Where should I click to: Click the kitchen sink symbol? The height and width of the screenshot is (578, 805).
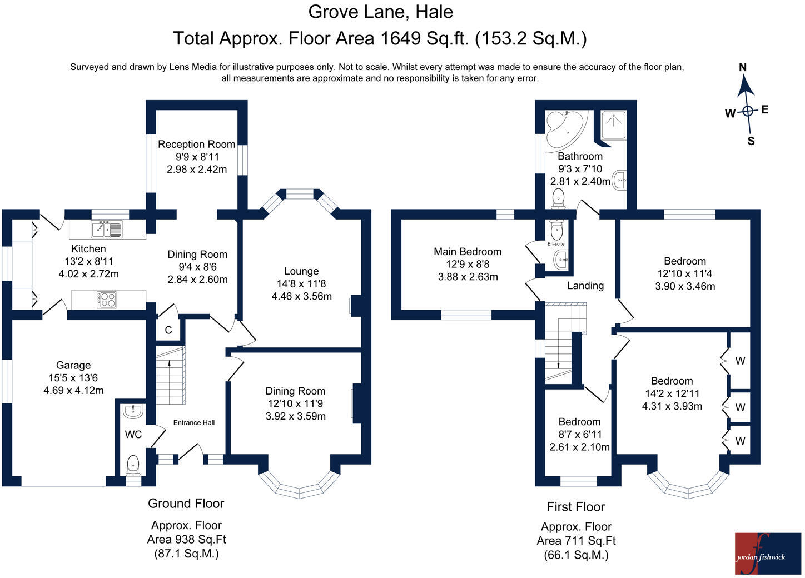[107, 229]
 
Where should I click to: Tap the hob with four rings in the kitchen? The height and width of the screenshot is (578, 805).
[107, 300]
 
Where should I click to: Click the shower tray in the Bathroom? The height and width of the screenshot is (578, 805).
[614, 124]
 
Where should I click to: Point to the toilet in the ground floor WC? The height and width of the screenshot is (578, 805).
[133, 466]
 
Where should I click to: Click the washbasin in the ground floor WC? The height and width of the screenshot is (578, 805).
[133, 411]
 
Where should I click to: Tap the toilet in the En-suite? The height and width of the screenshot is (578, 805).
[556, 230]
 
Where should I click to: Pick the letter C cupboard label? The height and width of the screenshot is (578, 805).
[168, 330]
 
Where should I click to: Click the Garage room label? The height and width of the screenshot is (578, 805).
[73, 365]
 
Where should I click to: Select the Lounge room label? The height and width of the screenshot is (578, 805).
[301, 271]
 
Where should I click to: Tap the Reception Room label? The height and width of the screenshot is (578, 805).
[197, 144]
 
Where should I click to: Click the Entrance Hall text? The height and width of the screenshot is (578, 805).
[193, 423]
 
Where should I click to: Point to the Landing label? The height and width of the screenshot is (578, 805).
[585, 286]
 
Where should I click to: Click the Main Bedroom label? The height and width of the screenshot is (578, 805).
[468, 251]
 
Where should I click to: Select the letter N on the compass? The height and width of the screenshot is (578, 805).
[743, 67]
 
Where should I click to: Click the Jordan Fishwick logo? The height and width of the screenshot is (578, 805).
[768, 554]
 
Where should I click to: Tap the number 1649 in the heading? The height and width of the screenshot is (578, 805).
[400, 38]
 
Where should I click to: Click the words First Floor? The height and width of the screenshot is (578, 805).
[576, 507]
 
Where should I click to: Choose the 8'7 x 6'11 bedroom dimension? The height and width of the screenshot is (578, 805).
[580, 434]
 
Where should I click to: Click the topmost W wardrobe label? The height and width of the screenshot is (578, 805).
[740, 361]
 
